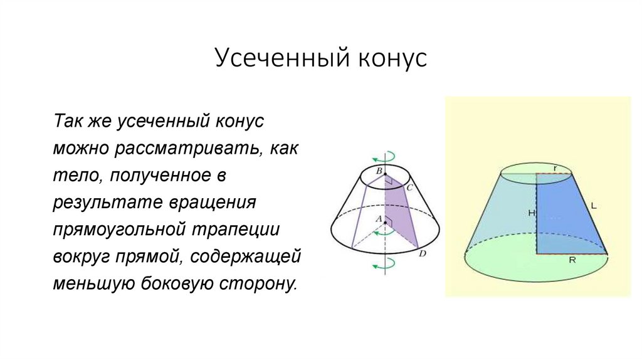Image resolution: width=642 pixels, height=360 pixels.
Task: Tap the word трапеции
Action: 244,230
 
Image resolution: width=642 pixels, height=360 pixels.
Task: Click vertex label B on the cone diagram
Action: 379,171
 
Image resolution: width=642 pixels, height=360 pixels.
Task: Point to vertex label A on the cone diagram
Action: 378,219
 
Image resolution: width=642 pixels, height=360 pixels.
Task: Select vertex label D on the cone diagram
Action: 422,254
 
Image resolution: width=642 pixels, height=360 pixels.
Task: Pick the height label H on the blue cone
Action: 531,213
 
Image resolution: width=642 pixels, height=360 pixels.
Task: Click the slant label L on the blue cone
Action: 593,206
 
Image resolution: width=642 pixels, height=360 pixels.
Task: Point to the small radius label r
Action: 555,167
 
